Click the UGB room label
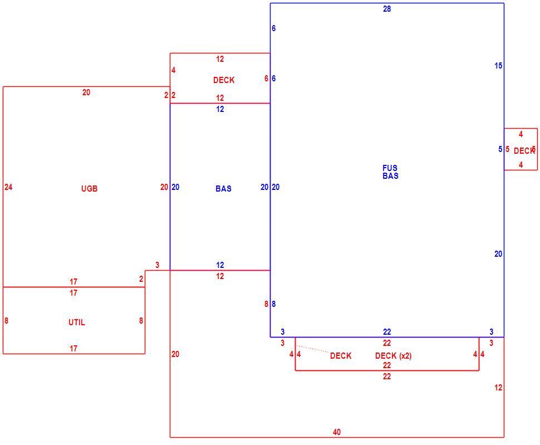[89, 188]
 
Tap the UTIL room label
[76, 322]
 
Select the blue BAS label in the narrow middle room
[223, 188]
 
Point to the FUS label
[390, 168]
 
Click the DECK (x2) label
[393, 355]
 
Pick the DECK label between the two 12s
[223, 80]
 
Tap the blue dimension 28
[387, 9]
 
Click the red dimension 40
[337, 432]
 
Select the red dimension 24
[8, 187]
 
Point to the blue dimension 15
[498, 66]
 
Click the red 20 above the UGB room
[86, 92]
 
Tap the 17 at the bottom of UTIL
[73, 348]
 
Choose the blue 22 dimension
[387, 332]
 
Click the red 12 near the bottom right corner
[498, 388]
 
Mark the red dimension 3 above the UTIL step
[158, 265]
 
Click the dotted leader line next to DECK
[312, 349]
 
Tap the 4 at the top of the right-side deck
[521, 134]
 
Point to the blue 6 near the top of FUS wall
[273, 28]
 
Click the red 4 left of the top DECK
[173, 70]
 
